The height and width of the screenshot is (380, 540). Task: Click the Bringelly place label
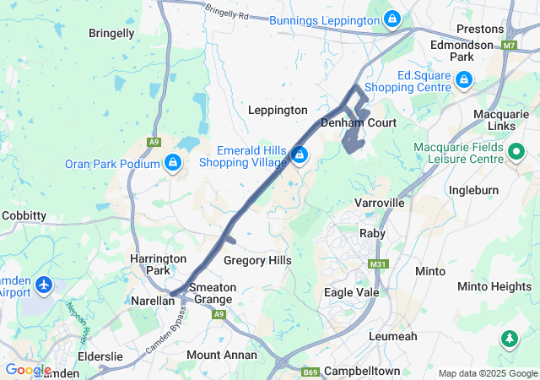tap(111, 34)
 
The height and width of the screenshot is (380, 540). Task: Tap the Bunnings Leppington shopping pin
tap(392, 18)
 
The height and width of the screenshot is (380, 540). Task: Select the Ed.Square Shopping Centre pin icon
tap(463, 80)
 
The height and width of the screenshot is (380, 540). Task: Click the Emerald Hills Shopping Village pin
tap(300, 155)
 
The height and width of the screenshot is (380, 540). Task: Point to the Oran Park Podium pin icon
tap(173, 162)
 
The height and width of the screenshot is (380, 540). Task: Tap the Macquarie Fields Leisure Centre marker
tap(516, 153)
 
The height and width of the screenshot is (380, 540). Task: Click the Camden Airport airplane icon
tap(43, 286)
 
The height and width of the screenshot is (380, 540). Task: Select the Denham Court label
tap(359, 123)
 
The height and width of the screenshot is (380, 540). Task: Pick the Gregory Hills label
tap(257, 261)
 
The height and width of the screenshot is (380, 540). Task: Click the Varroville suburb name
tap(380, 204)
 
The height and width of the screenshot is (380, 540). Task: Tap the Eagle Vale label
tap(352, 292)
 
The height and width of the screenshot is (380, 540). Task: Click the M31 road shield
tap(376, 264)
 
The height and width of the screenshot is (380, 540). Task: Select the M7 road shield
tap(509, 45)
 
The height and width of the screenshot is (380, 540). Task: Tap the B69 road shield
tap(310, 371)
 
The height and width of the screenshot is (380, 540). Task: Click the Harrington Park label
tap(152, 263)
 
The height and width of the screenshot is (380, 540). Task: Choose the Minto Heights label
tap(494, 286)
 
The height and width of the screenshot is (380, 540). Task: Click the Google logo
tap(28, 370)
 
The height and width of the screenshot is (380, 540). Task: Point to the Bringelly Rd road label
tap(227, 13)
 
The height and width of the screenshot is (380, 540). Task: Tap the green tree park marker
tap(509, 339)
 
